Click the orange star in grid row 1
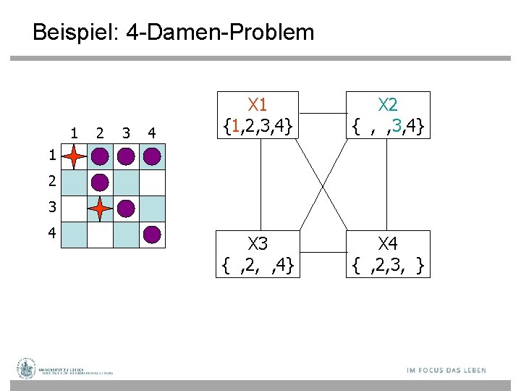click(75, 156)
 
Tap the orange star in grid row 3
click(101, 209)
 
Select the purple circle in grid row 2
click(101, 182)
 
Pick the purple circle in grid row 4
click(152, 234)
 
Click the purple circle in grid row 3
click(126, 209)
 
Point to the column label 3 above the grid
click(126, 133)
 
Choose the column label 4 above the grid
click(151, 133)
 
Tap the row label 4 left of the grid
click(49, 234)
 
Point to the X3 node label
click(258, 243)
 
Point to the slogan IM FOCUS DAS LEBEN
click(446, 370)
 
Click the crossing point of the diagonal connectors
click(323, 183)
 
